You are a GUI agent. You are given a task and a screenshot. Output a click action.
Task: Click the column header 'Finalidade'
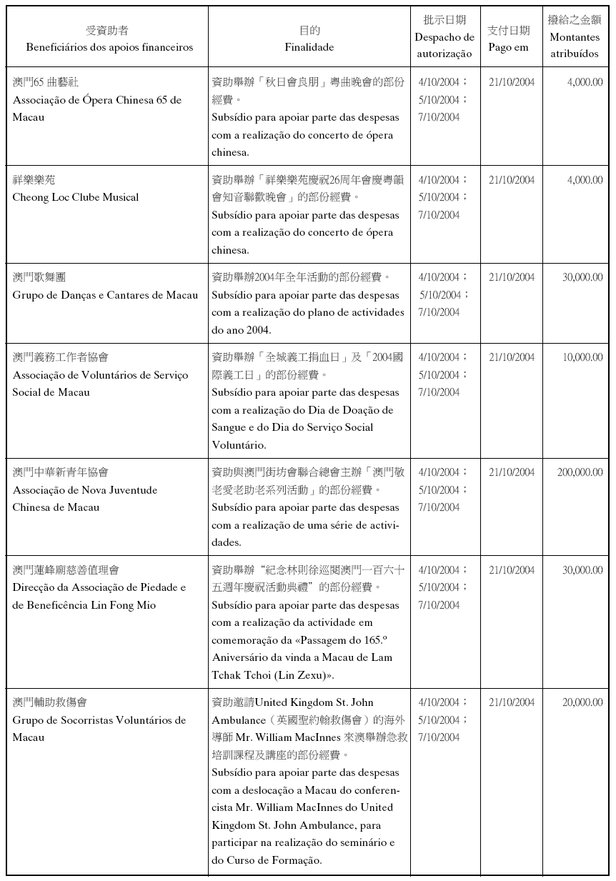pos(309,48)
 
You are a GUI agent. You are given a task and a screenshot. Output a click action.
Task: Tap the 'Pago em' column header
pos(508,48)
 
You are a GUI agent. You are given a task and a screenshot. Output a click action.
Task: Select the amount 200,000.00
pos(580,472)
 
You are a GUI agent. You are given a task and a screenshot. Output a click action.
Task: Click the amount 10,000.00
pos(582,357)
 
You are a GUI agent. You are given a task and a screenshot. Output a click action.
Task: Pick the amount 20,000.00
pos(582,702)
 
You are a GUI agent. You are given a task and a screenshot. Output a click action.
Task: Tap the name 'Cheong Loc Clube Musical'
pos(76,197)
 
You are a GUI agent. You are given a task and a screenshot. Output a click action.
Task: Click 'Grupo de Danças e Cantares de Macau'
pos(105,295)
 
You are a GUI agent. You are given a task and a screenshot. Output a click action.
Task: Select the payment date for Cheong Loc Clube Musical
pos(512,180)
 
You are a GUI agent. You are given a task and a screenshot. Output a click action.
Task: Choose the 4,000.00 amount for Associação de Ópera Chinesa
pos(585,82)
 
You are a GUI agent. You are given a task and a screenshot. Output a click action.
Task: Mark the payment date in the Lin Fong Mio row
pos(512,570)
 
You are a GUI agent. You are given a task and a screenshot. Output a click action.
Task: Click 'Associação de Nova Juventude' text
pos(85,490)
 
